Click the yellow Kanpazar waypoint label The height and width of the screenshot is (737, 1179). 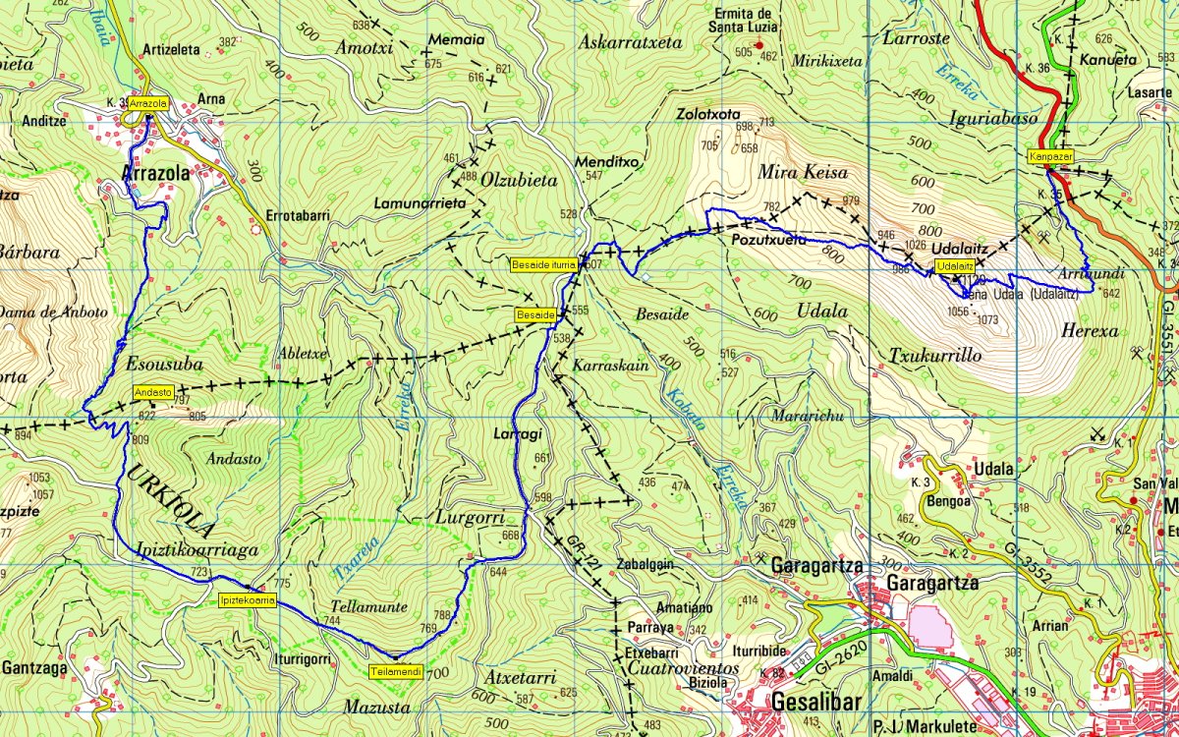pos(1050,156)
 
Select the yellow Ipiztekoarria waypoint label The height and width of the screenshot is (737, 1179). pos(247,598)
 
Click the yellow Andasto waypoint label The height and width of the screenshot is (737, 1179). pos(153,393)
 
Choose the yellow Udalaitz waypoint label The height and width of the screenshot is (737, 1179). pos(955,266)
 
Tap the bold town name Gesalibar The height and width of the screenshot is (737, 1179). pos(816,703)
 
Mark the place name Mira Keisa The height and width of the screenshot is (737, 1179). pos(802,172)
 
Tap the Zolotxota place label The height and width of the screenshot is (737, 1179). pos(707,113)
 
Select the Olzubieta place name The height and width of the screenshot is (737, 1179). pos(521,180)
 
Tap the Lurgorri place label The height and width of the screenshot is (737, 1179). pos(468,517)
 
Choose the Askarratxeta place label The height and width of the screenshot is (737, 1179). pos(630,42)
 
